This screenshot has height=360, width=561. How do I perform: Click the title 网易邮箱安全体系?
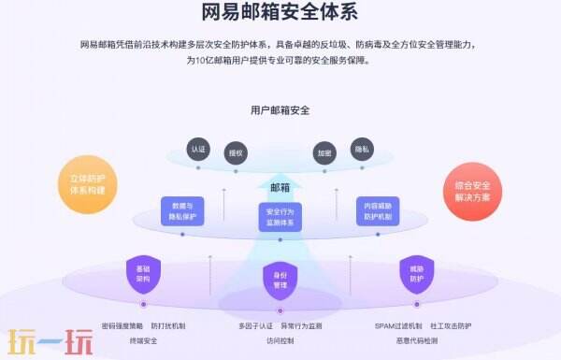click(x=280, y=12)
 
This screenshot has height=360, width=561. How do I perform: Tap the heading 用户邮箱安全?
click(x=280, y=109)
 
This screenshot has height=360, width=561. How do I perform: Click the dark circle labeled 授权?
click(x=235, y=153)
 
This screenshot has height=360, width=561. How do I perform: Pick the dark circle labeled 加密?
click(x=324, y=153)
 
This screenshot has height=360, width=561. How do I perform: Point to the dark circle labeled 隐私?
click(x=362, y=149)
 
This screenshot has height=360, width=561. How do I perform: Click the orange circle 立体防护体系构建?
click(x=88, y=183)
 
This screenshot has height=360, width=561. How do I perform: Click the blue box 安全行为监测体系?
click(x=280, y=217)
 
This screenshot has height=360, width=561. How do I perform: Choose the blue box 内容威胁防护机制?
click(x=378, y=210)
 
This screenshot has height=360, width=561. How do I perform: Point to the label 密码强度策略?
click(x=122, y=326)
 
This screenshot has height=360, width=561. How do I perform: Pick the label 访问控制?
click(x=280, y=341)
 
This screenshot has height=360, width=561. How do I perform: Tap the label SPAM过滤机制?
click(x=398, y=326)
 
